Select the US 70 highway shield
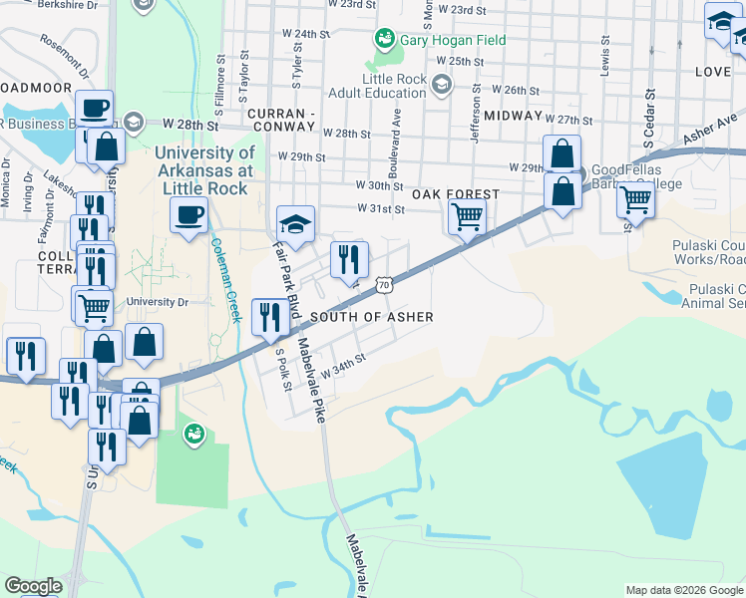tap(384, 285)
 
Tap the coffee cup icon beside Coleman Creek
tap(187, 214)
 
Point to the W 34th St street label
tap(339, 368)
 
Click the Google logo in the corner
tap(33, 586)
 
